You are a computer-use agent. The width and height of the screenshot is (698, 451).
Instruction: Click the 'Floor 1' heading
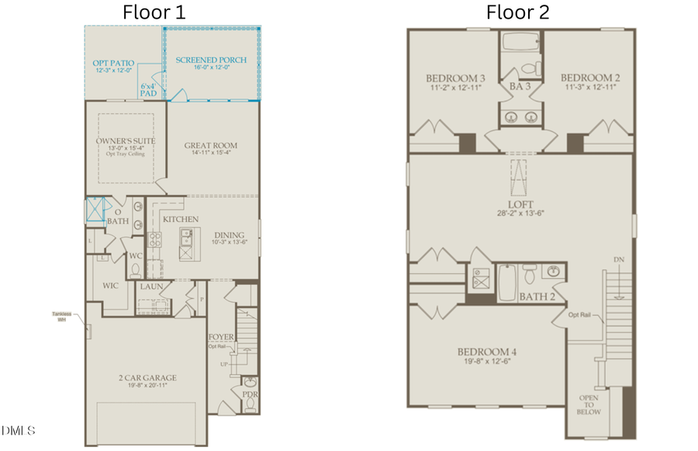(x=154, y=12)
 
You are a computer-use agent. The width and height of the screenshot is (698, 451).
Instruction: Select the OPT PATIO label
(x=113, y=61)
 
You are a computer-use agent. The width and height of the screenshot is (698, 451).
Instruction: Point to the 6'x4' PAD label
(x=148, y=89)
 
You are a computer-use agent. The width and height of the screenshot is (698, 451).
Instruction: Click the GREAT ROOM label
(x=210, y=145)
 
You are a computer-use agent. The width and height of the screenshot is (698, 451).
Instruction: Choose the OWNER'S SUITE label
(x=125, y=141)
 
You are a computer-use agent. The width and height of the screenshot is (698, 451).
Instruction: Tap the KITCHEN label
(x=181, y=220)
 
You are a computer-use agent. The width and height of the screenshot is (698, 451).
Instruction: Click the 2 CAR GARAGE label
(x=147, y=378)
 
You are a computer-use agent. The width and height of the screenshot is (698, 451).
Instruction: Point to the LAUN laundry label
(x=151, y=286)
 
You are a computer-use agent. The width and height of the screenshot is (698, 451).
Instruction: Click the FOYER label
(x=221, y=337)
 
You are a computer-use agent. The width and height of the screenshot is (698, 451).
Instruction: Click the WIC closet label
(x=111, y=286)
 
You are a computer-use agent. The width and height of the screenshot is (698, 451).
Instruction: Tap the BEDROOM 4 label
(x=486, y=352)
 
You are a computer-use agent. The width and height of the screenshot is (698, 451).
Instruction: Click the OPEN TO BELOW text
(x=589, y=406)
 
